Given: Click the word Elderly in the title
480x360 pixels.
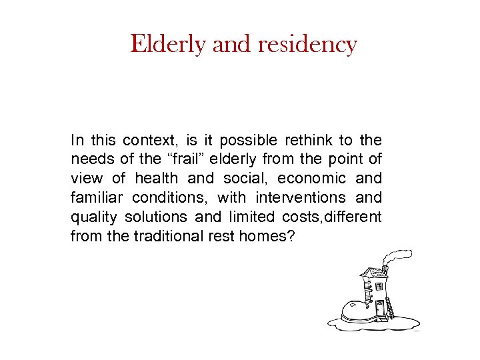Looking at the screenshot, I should tap(169, 45).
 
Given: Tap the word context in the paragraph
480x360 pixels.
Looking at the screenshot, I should tap(151, 140).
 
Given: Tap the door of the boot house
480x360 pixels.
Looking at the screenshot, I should tap(380, 309).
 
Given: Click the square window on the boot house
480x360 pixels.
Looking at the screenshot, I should tap(379, 286).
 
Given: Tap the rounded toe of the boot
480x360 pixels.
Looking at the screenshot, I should tap(353, 311).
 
